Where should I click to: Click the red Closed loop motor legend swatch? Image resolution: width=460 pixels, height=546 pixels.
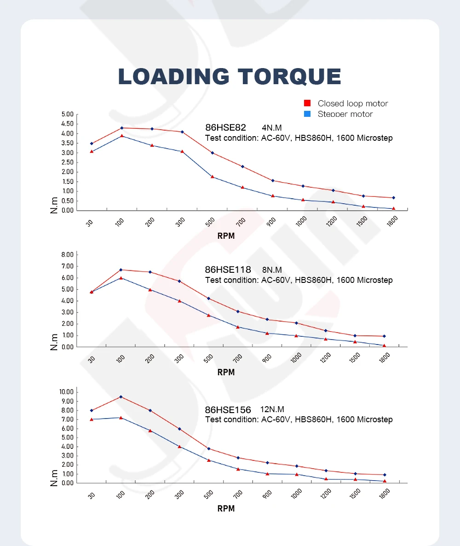308,103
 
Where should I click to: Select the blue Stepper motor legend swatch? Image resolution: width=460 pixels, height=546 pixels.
308,114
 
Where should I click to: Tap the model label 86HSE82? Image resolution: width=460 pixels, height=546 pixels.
226,127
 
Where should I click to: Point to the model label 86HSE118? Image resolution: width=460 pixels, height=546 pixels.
228,270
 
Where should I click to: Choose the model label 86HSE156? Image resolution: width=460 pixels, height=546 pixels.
228,410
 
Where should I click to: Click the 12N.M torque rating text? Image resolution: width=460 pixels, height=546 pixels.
272,409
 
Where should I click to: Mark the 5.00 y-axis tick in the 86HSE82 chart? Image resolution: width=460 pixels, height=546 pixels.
67,114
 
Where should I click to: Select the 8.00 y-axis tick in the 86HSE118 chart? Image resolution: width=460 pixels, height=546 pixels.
67,254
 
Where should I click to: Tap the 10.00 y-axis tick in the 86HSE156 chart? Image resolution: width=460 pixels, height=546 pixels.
66,392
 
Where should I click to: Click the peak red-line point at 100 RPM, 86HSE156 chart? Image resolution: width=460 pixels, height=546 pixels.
121,397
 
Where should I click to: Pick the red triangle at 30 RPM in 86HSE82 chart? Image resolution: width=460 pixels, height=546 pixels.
92,151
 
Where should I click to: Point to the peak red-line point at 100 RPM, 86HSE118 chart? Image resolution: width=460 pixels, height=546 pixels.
121,270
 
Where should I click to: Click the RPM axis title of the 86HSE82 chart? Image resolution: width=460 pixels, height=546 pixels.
226,236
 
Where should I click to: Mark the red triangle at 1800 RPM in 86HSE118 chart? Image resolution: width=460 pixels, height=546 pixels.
384,345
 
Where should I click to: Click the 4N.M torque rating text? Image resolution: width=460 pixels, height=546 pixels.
272,127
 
